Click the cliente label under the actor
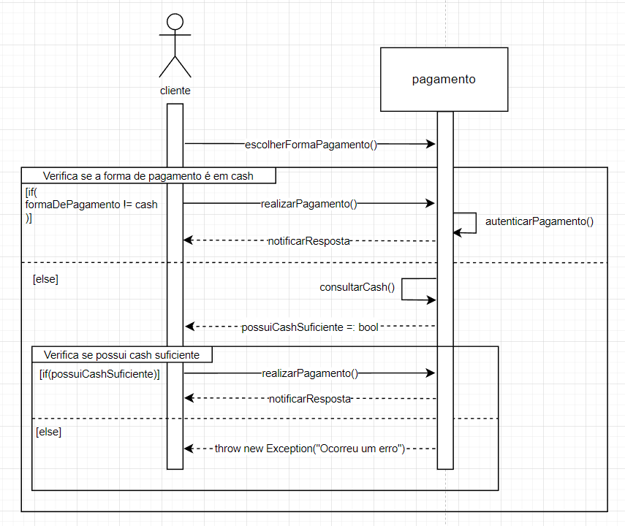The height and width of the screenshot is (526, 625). (175, 91)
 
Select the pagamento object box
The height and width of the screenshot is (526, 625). (444, 79)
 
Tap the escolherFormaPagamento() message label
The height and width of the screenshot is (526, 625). (311, 144)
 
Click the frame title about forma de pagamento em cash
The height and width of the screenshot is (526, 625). (148, 175)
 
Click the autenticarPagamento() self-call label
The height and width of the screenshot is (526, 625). (539, 221)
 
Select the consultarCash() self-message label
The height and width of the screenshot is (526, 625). (357, 287)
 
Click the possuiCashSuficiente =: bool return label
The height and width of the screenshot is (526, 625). (310, 327)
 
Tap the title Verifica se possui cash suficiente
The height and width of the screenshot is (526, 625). (122, 354)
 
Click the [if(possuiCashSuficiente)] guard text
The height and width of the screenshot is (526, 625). (99, 373)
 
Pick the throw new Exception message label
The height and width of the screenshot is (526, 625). (310, 448)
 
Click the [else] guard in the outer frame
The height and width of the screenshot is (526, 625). (45, 279)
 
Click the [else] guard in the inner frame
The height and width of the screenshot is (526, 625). (48, 432)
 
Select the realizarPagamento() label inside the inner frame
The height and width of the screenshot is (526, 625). (310, 373)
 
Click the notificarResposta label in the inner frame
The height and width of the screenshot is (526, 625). (310, 399)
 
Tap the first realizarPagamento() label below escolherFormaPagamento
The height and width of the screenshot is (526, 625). (308, 204)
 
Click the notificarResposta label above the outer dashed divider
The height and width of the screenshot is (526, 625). (308, 240)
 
